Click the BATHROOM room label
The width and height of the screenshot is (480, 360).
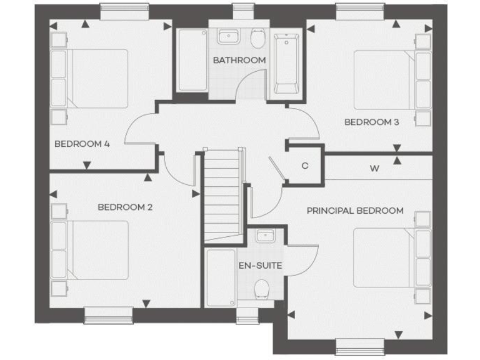[239, 60]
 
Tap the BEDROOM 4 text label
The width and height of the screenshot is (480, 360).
[82, 144]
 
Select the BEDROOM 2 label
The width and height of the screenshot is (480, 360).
[125, 207]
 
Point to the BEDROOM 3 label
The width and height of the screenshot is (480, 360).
[371, 122]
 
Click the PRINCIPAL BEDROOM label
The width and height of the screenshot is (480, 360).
[354, 211]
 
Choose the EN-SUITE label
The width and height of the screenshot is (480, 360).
[260, 266]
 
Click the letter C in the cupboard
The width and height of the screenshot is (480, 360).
[305, 166]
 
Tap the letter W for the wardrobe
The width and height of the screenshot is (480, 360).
[374, 168]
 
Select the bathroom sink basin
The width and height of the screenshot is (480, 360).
[227, 37]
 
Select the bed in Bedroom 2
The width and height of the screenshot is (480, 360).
[97, 249]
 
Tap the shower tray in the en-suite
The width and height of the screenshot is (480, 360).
[221, 278]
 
